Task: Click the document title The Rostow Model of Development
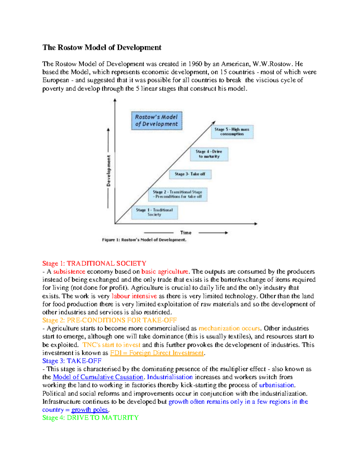[102, 47]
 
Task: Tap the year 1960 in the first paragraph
[195, 64]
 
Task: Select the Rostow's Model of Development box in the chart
[157, 121]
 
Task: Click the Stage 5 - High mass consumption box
[232, 132]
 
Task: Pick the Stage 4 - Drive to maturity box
[209, 154]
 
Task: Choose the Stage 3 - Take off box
[190, 174]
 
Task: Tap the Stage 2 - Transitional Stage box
[177, 194]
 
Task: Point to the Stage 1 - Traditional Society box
[154, 212]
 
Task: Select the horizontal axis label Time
[186, 233]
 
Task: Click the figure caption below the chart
[144, 240]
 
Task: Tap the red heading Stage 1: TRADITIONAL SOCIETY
[94, 263]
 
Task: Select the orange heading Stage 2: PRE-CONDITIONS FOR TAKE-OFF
[109, 320]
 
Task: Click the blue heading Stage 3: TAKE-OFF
[72, 361]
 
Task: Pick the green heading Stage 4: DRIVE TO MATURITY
[90, 418]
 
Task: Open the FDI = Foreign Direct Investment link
[157, 353]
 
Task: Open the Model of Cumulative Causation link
[98, 377]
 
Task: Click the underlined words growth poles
[90, 410]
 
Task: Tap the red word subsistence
[69, 272]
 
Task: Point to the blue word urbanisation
[277, 385]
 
